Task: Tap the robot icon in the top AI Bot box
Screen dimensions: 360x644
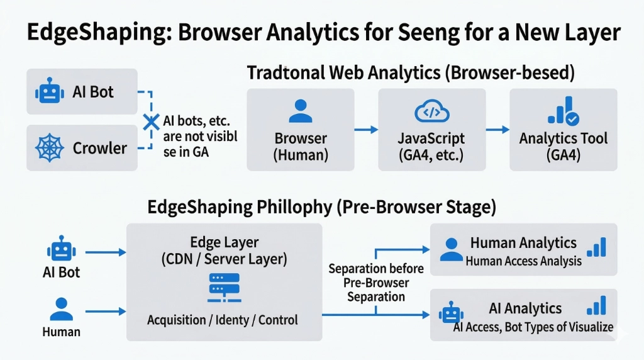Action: [47, 92]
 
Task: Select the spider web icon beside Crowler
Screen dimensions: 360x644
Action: [48, 149]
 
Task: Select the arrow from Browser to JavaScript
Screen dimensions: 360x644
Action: [365, 130]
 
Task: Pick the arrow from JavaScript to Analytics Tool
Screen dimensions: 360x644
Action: [497, 130]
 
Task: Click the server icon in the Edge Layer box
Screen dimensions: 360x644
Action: [225, 287]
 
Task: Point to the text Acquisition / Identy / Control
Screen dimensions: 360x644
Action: [223, 320]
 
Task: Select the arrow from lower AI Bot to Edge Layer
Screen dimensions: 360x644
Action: [105, 252]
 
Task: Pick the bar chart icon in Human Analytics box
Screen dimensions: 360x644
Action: [596, 247]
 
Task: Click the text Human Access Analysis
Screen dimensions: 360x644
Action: [523, 261]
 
